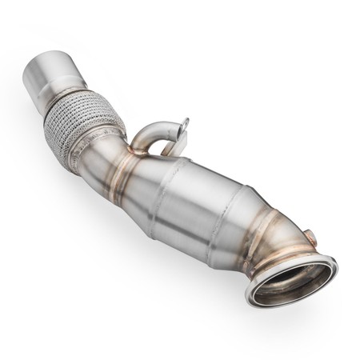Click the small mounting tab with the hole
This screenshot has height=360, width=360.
click(x=185, y=128)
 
